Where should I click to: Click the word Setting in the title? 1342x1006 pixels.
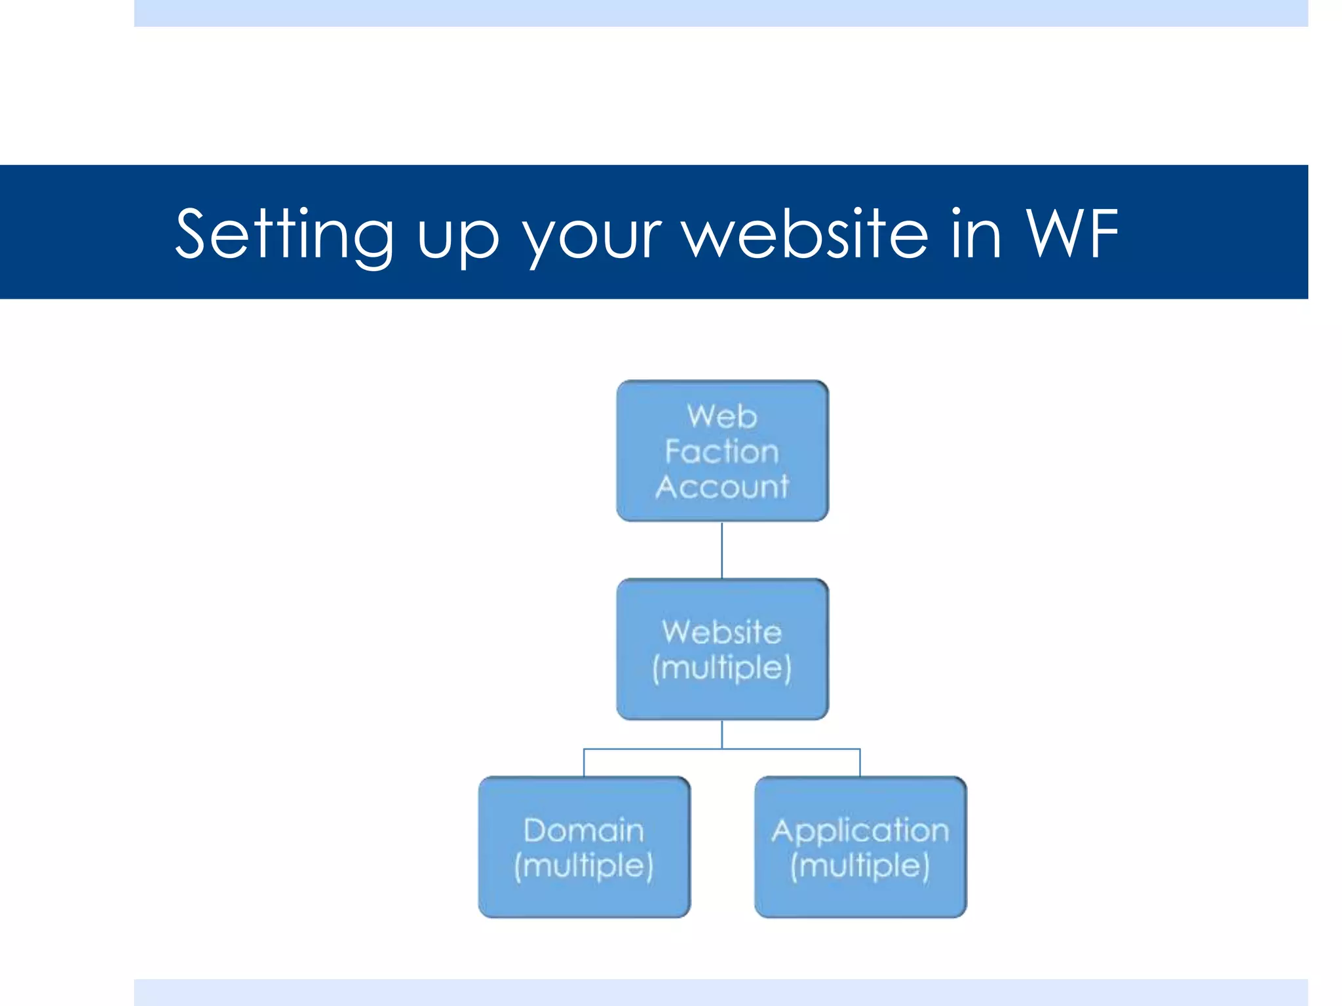(284, 234)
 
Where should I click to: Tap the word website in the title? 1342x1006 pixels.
(806, 233)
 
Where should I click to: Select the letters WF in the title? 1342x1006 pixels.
(1072, 233)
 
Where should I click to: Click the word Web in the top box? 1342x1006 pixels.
(722, 417)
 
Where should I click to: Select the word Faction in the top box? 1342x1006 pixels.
(722, 452)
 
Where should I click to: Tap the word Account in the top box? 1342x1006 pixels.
(722, 487)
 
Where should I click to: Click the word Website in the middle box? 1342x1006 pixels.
(722, 632)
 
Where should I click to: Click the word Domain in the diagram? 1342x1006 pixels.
(584, 830)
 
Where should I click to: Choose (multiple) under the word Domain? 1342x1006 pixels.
(584, 866)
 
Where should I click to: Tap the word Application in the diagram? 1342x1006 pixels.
(860, 830)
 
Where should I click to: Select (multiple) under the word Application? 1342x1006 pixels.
(860, 866)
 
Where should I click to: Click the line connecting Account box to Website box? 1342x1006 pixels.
(722, 550)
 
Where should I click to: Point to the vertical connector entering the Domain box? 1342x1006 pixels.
(584, 763)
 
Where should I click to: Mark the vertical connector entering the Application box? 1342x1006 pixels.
(860, 763)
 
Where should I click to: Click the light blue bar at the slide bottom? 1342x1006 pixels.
(721, 992)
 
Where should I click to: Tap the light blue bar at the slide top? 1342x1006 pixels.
(721, 13)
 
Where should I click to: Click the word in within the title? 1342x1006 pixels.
(976, 233)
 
